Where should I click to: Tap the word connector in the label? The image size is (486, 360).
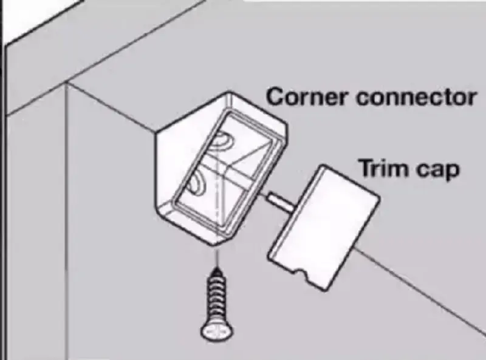coord(416,97)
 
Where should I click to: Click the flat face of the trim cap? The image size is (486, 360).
coord(323,228)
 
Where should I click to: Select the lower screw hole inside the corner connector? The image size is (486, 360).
coord(196,183)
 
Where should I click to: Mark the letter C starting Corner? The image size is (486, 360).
coord(275,97)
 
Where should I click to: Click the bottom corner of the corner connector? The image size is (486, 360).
coord(213,245)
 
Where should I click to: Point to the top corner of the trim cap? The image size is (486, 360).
coord(323,166)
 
